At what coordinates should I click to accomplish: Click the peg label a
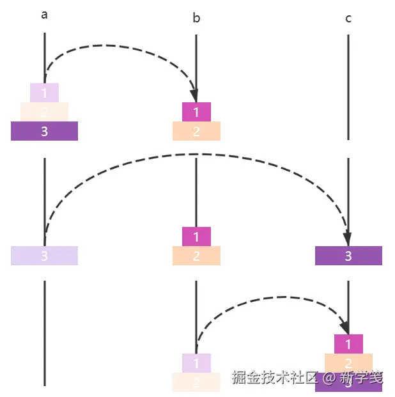pyautogui.click(x=44, y=15)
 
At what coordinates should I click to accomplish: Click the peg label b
pyautogui.click(x=196, y=18)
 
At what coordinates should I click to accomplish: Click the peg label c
pyautogui.click(x=348, y=18)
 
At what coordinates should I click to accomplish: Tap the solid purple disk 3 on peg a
pyautogui.click(x=44, y=131)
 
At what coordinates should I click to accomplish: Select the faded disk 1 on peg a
pyautogui.click(x=44, y=93)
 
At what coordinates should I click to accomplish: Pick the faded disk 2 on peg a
pyautogui.click(x=44, y=112)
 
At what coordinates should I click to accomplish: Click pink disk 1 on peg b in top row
pyautogui.click(x=196, y=112)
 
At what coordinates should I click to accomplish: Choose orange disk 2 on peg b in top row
pyautogui.click(x=196, y=131)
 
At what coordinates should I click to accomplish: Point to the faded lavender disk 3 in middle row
pyautogui.click(x=44, y=256)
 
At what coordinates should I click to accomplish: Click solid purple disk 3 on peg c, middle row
pyautogui.click(x=348, y=256)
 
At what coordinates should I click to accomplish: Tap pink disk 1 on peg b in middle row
pyautogui.click(x=196, y=237)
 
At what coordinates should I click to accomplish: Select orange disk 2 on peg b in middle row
pyautogui.click(x=196, y=256)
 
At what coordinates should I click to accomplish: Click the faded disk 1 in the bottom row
pyautogui.click(x=196, y=363)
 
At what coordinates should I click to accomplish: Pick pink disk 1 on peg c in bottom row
pyautogui.click(x=348, y=344)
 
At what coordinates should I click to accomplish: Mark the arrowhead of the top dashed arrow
pyautogui.click(x=194, y=96)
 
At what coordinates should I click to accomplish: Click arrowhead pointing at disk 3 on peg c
pyautogui.click(x=347, y=239)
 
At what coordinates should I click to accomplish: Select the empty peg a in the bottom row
pyautogui.click(x=44, y=332)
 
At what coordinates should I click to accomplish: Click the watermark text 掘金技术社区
pyautogui.click(x=274, y=377)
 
